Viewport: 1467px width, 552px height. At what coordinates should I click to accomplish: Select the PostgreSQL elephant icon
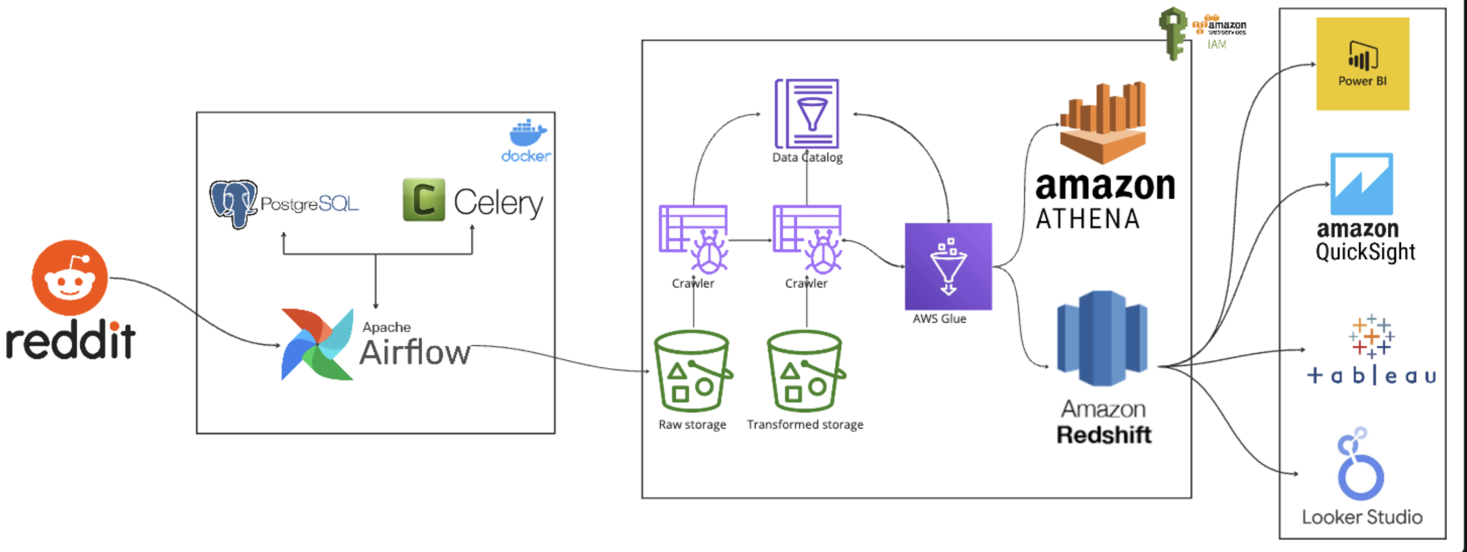coord(233,203)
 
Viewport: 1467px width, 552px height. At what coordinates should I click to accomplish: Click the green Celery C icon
coord(423,199)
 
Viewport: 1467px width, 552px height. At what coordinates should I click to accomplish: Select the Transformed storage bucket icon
coord(805,371)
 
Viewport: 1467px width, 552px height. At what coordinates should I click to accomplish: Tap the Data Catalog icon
coord(807,114)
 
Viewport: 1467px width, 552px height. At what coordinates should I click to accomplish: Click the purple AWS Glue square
coord(948,266)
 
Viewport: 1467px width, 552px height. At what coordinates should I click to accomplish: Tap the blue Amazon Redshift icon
coord(1102,338)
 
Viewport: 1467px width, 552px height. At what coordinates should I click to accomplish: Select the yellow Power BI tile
coord(1362,64)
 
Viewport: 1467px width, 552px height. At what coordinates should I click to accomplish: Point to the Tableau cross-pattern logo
coord(1371,336)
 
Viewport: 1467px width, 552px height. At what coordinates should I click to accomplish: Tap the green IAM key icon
coord(1173,33)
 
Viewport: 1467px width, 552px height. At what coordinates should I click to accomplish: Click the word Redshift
coord(1103,435)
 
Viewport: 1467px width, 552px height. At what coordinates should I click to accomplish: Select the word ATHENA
coord(1088,219)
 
